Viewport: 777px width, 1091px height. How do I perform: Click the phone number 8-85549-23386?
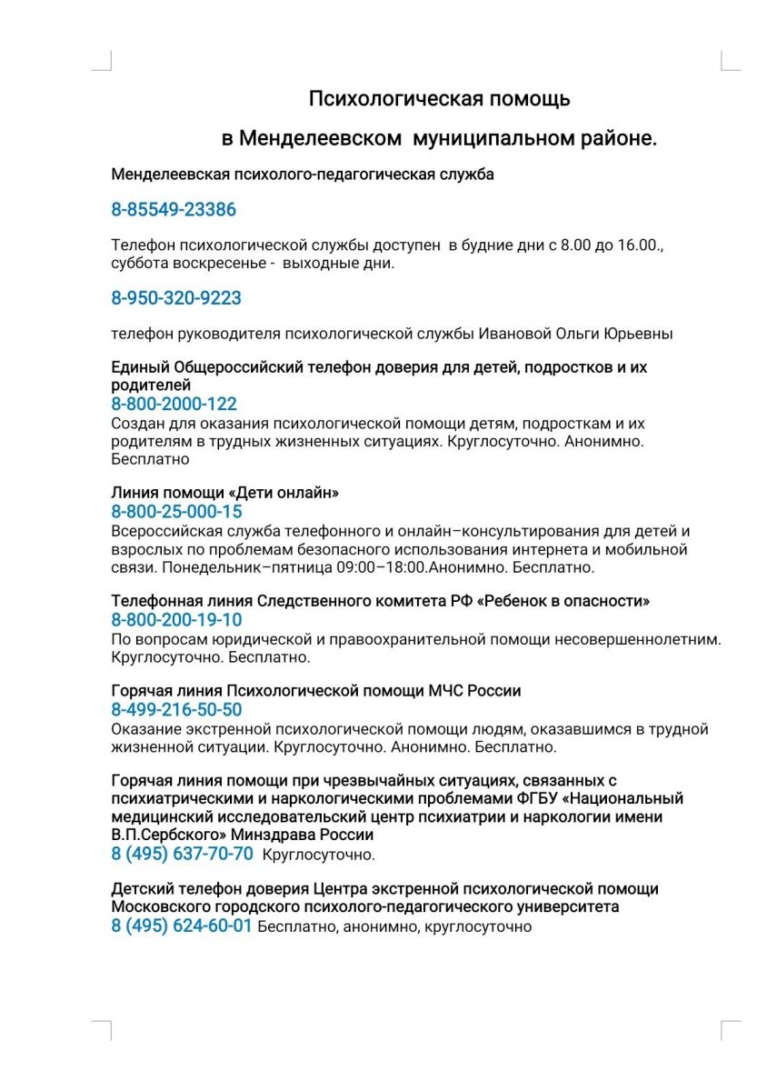point(174,210)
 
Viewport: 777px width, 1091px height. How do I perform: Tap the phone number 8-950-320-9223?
point(176,298)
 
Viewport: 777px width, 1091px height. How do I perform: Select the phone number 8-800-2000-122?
point(174,405)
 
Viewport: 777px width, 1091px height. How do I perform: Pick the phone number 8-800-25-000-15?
point(176,512)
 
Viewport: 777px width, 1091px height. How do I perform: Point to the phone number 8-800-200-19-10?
point(176,620)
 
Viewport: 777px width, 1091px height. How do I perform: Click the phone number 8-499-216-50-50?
point(176,710)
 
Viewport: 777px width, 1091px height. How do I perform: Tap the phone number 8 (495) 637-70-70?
point(182,854)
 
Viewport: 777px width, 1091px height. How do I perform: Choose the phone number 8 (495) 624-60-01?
point(181,926)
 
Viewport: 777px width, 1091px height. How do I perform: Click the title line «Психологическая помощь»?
point(439,98)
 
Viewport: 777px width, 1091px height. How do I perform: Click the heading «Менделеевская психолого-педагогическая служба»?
point(303,175)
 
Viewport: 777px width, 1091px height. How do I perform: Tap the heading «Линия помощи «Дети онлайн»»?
point(224,493)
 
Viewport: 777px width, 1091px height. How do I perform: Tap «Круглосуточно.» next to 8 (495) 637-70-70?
point(318,855)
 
